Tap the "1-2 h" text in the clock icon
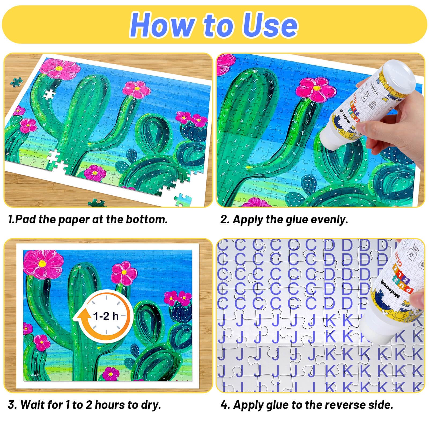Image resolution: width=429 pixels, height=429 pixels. (x=106, y=316)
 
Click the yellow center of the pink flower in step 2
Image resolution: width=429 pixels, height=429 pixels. (x=316, y=88)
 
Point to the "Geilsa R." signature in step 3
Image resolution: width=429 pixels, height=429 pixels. (x=33, y=375)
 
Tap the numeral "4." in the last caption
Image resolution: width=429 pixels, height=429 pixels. (x=225, y=405)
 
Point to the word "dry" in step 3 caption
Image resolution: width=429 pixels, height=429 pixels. (x=152, y=405)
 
